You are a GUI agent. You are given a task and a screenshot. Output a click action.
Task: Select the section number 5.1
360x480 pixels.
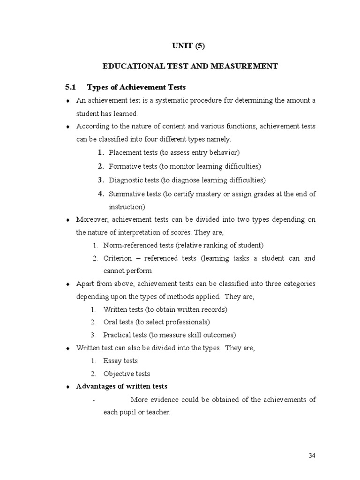70,87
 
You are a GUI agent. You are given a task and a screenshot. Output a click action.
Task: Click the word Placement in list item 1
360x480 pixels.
123,152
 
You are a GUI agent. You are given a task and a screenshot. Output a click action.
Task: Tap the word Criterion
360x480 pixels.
116,258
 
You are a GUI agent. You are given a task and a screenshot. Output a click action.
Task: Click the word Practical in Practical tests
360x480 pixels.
115,335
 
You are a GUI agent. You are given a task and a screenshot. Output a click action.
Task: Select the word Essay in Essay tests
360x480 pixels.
112,361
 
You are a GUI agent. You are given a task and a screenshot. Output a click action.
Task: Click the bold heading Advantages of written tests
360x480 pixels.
122,386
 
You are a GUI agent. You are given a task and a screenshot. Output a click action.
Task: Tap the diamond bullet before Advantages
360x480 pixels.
67,387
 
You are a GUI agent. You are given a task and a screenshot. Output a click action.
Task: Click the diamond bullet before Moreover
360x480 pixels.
67,220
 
